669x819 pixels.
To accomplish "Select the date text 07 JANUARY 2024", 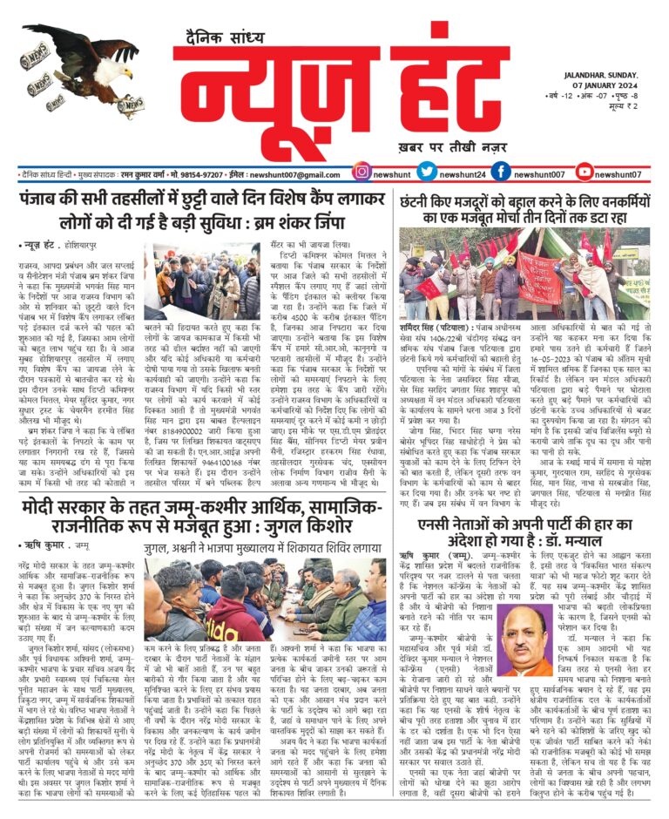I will pyautogui.click(x=602, y=85).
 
